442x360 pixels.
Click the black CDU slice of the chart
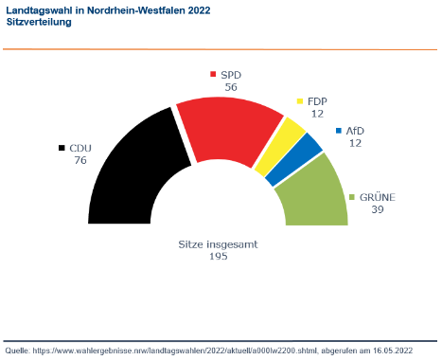point(129,171)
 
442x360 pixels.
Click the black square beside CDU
point(62,149)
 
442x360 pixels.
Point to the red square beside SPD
point(213,74)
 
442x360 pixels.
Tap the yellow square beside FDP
point(300,100)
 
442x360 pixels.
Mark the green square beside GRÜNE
point(353,197)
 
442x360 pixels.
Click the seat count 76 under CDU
point(80,161)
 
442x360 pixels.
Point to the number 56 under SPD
point(230,86)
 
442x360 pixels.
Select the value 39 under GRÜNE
point(376,209)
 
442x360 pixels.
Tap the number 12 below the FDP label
point(317,113)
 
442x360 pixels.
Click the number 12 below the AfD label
point(355,144)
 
